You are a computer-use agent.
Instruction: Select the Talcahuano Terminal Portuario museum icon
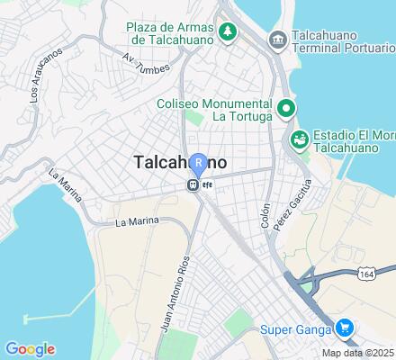coord(277,39)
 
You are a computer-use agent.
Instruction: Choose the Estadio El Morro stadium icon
coord(298,139)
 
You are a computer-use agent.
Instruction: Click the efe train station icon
coord(192,184)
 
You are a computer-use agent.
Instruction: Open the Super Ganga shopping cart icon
coord(342,328)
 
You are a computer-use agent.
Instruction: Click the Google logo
coord(30,349)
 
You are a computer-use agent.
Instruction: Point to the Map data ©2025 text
coord(358,353)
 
